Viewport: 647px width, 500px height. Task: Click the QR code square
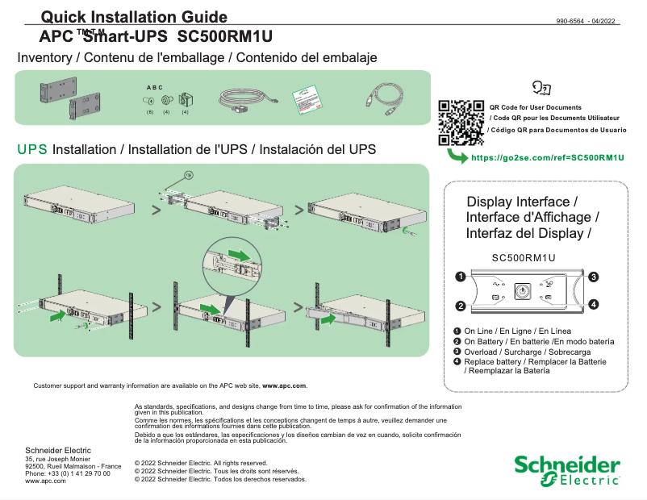point(461,122)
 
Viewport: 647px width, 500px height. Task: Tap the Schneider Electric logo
point(567,471)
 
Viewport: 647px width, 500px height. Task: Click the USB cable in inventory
point(382,100)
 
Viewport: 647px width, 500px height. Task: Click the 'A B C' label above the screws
point(154,87)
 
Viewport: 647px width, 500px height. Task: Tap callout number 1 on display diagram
point(460,277)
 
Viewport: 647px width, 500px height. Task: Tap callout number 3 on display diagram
point(593,277)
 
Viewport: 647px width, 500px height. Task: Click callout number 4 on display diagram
point(593,304)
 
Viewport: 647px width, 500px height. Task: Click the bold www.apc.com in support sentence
point(284,386)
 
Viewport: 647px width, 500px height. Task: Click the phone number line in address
point(68,473)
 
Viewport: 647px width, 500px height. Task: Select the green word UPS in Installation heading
point(32,150)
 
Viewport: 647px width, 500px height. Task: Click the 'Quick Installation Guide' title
point(134,18)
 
